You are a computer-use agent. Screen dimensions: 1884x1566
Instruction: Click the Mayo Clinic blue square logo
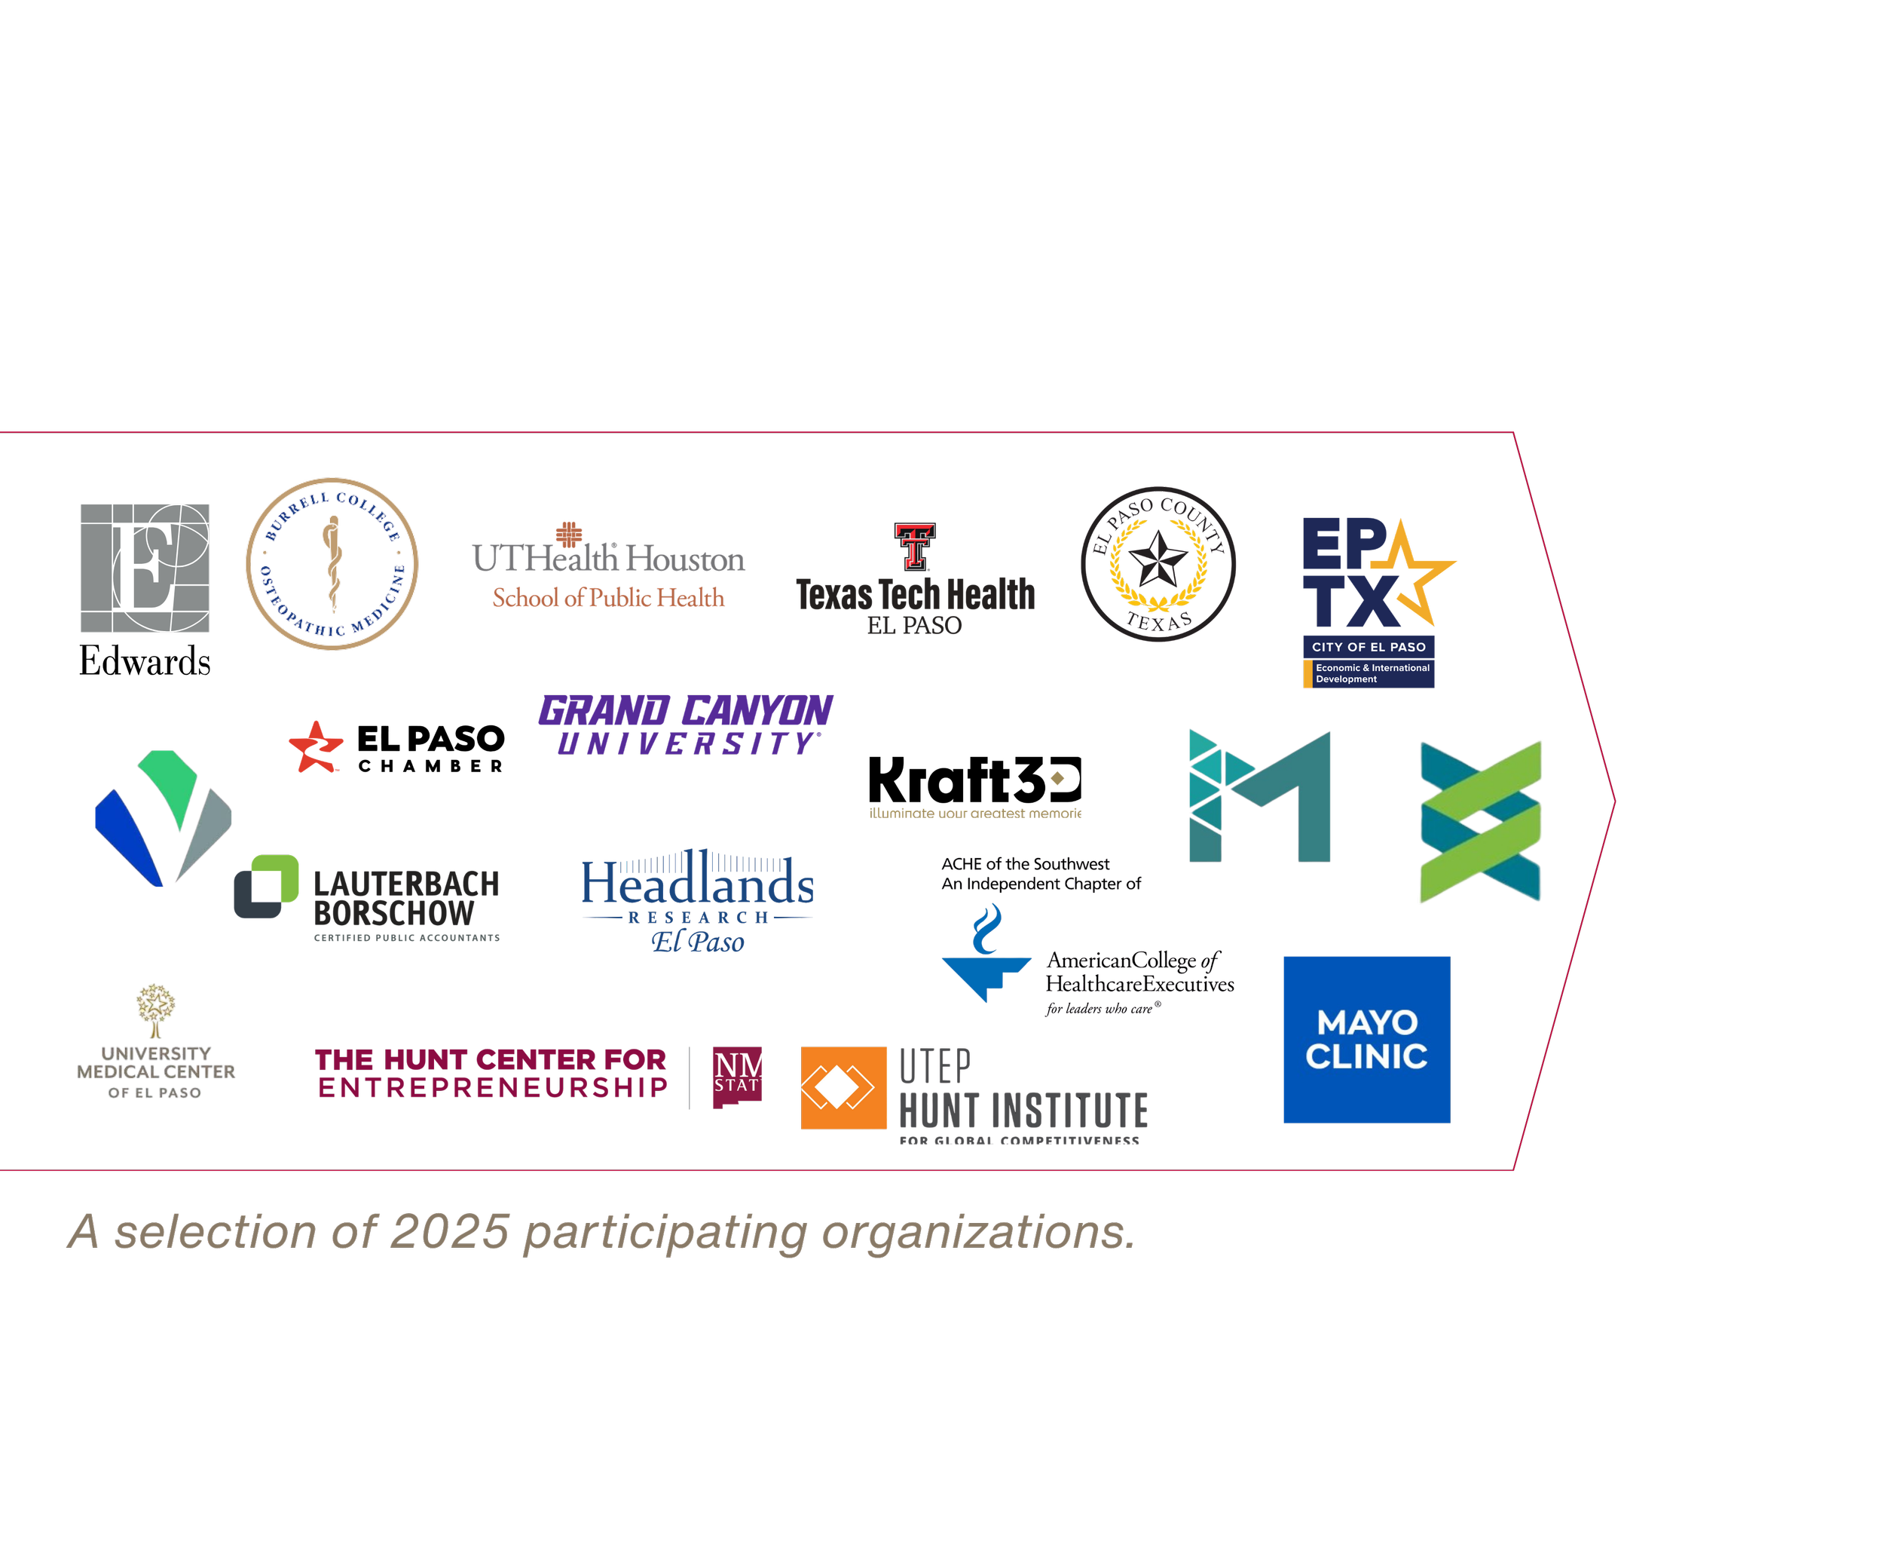[x=1366, y=1039]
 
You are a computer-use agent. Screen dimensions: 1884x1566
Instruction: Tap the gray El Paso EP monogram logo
[x=145, y=568]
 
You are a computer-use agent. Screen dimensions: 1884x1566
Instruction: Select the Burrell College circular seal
[x=332, y=563]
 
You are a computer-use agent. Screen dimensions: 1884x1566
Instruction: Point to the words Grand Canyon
[x=686, y=712]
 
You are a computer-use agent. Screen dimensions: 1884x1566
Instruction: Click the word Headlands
[x=698, y=883]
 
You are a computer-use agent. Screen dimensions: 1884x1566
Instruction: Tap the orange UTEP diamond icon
[x=843, y=1088]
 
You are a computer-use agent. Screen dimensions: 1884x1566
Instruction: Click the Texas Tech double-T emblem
[x=915, y=546]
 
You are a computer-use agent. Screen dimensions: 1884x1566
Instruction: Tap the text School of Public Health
[x=608, y=598]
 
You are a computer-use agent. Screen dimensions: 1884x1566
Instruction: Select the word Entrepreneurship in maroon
[x=494, y=1089]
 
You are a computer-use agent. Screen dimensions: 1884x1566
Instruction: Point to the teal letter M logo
[x=1259, y=796]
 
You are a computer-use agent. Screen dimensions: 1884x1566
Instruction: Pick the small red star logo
[x=316, y=746]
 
